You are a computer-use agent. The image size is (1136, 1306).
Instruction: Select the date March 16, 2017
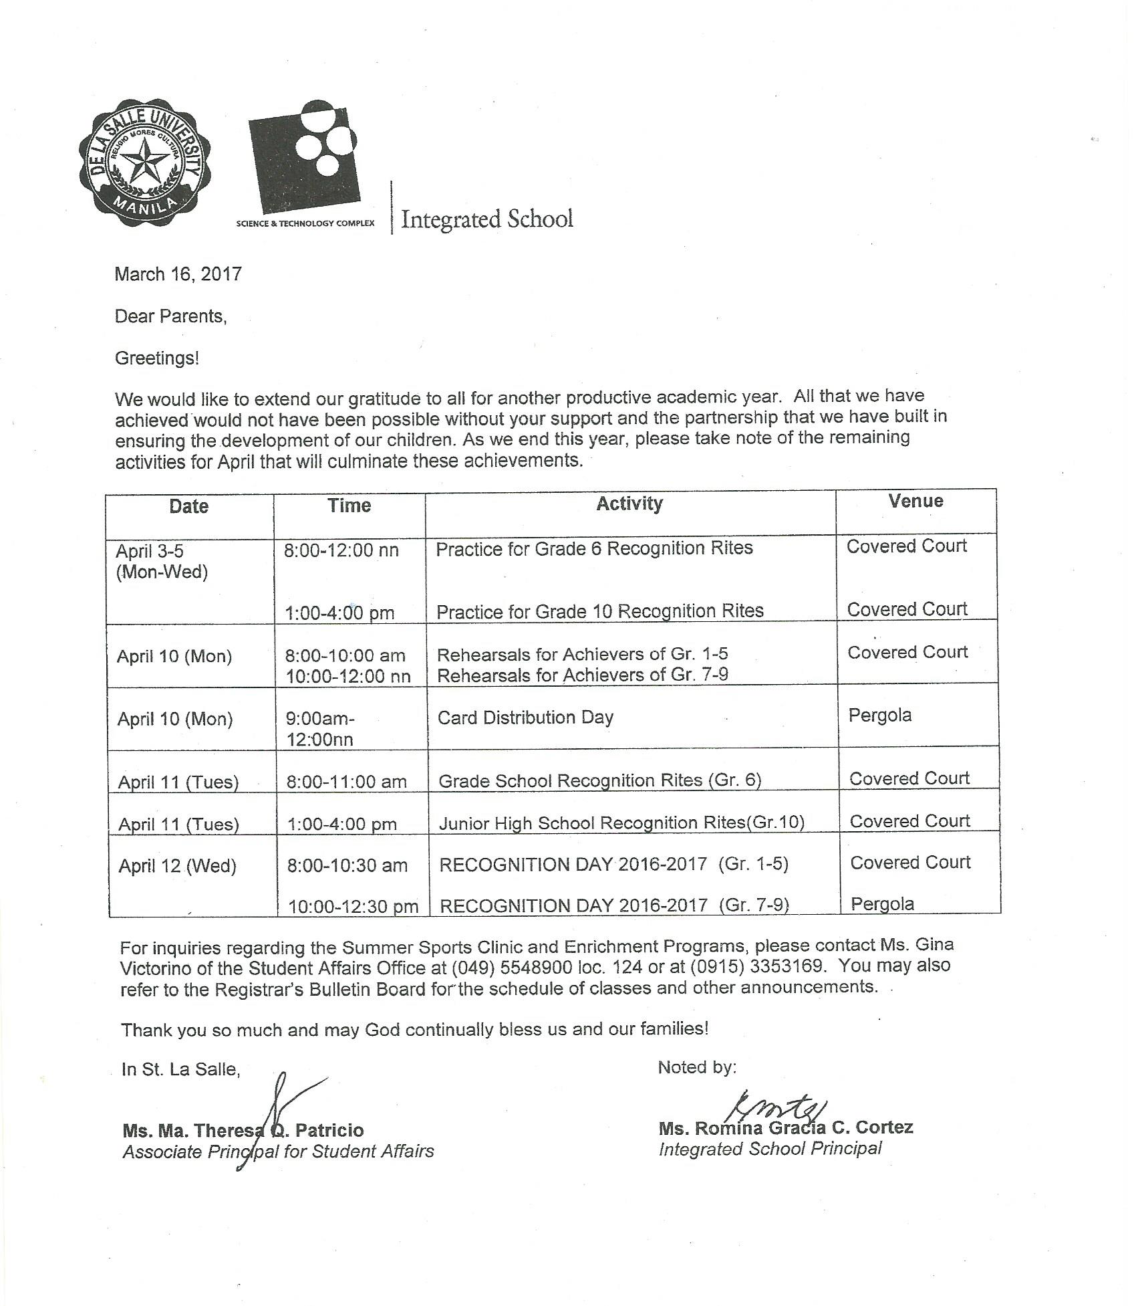pos(178,274)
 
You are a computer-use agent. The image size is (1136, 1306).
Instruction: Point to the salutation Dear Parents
pos(170,316)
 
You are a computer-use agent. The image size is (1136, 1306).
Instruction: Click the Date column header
pos(188,506)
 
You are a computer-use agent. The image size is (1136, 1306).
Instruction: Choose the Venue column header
pos(915,502)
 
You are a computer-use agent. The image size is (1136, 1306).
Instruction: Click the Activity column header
pos(629,504)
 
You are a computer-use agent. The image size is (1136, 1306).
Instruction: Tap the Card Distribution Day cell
pos(525,718)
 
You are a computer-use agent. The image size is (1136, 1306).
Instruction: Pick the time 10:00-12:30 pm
pos(353,907)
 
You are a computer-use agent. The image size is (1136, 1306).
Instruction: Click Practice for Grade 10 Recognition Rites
pos(599,611)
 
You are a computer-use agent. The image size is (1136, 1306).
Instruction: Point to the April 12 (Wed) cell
pos(177,867)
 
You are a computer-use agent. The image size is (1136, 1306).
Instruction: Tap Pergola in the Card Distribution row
pos(879,716)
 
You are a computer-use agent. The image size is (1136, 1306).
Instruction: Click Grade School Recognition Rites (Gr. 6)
pos(599,780)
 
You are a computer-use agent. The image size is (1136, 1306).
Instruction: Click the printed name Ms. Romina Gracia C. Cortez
pos(785,1128)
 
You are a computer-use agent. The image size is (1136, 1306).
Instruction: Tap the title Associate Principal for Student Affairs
pos(278,1152)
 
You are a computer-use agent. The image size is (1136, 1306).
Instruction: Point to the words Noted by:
pos(696,1068)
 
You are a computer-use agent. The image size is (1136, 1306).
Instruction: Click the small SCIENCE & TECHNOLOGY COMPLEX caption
pos(305,223)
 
